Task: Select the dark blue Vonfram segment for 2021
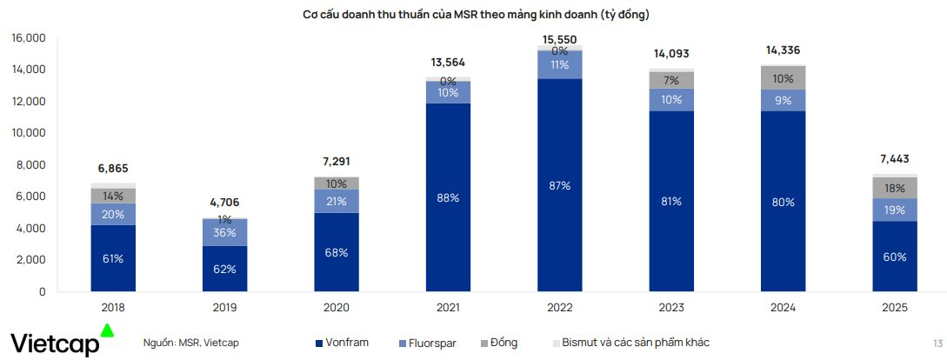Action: coord(448,197)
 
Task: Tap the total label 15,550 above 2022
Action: coord(559,40)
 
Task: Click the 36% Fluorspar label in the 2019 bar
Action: coord(224,232)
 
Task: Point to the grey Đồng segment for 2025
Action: coord(895,188)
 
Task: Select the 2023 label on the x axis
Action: coord(671,307)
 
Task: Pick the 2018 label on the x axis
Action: coord(112,307)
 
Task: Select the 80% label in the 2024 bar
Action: coord(784,202)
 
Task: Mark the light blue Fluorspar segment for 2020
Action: coord(336,202)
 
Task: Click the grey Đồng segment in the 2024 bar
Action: coord(784,78)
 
